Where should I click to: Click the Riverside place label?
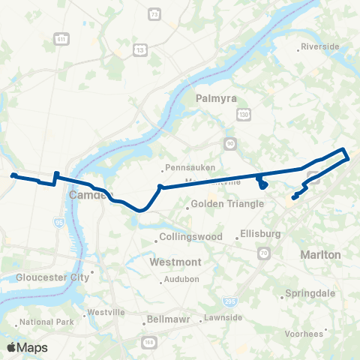(x=320, y=46)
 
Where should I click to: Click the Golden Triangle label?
(x=227, y=203)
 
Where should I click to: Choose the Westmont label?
(x=175, y=262)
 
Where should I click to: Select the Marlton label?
(x=320, y=255)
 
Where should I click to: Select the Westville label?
(x=106, y=311)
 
